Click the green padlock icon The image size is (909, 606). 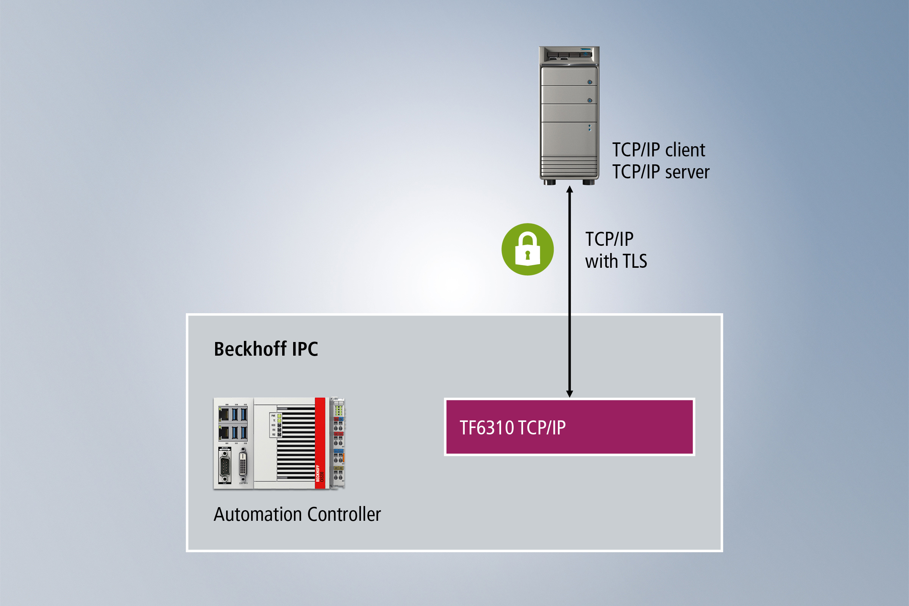(528, 249)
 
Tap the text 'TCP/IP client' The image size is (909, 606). (659, 150)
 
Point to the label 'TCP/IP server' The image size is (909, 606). (661, 172)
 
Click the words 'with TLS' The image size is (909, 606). (616, 261)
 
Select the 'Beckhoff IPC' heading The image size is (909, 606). (266, 349)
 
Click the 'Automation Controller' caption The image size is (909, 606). (297, 514)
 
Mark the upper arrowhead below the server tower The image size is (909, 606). (569, 189)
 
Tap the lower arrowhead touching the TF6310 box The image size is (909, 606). (569, 394)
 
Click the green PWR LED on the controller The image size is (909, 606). (279, 416)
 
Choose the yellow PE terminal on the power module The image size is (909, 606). (338, 469)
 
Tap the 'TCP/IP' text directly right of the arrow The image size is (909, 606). (609, 239)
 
